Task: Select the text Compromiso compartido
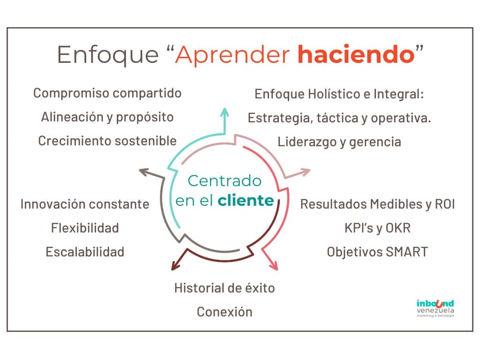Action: [x=107, y=93]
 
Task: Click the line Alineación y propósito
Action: [x=107, y=117]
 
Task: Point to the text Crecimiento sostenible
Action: [x=107, y=141]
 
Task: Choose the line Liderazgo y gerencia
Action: [x=339, y=142]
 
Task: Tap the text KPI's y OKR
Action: [x=377, y=228]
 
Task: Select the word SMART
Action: [x=407, y=252]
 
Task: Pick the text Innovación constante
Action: [x=85, y=204]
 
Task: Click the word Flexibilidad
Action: [x=85, y=228]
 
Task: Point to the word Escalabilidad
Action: [x=85, y=252]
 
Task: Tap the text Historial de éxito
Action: [x=225, y=288]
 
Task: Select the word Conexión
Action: [x=225, y=312]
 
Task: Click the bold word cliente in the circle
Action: [x=246, y=201]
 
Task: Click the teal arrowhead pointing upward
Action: [x=225, y=112]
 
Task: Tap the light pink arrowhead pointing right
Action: [x=305, y=172]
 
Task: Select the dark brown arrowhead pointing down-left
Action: [x=176, y=266]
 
